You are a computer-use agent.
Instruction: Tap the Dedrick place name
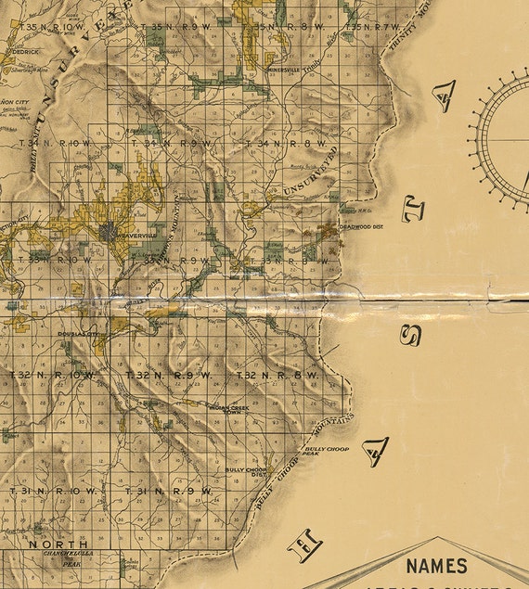(25, 53)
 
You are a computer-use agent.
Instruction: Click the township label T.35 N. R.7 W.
(376, 27)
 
